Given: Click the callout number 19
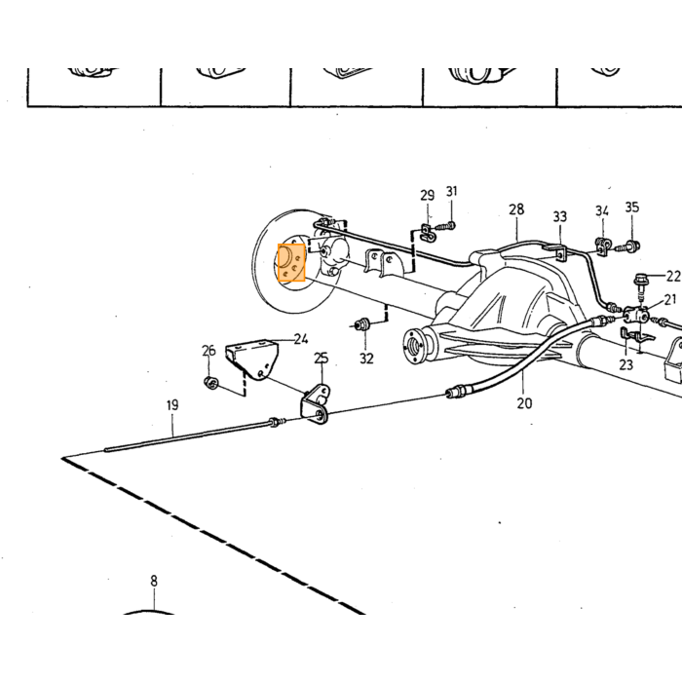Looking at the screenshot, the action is click(x=172, y=405).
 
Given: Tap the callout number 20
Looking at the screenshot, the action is click(x=524, y=403).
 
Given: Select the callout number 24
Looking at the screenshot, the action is click(x=301, y=339).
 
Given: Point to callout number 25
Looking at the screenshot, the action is click(x=321, y=359).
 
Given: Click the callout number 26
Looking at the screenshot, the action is click(x=208, y=350).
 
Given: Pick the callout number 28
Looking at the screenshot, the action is click(x=516, y=209).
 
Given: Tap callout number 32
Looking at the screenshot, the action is click(x=366, y=359).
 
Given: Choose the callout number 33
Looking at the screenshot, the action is click(x=560, y=216).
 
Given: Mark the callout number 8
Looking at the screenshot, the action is click(x=154, y=581).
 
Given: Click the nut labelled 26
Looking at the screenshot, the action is click(x=210, y=383).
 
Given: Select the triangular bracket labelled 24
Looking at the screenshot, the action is click(x=252, y=359).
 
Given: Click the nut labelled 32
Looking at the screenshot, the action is click(x=361, y=324).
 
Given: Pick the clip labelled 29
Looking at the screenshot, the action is click(x=428, y=233).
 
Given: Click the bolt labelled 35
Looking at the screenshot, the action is click(x=629, y=246).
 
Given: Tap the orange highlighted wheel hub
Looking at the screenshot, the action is click(x=291, y=263).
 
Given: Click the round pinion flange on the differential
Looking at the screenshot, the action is click(x=414, y=345).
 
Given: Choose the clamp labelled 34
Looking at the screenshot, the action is click(x=602, y=246).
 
